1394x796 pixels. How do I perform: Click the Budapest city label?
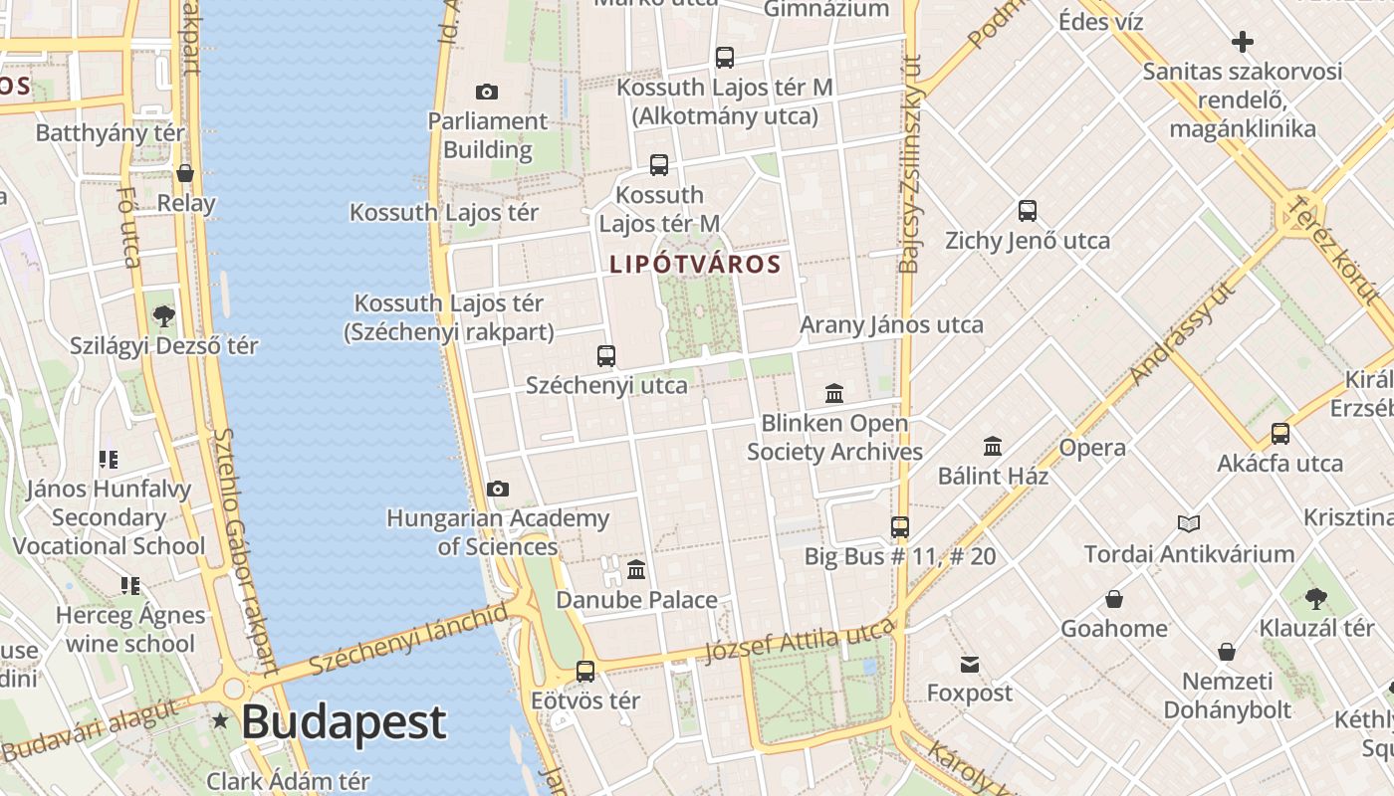point(344,721)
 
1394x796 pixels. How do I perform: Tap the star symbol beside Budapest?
point(220,719)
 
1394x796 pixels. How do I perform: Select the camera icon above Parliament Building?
point(487,93)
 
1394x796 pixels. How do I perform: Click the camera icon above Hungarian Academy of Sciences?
point(498,489)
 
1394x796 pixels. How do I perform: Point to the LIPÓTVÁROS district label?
point(695,265)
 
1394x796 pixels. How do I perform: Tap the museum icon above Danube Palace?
point(636,570)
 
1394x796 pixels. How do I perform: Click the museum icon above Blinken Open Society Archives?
point(834,393)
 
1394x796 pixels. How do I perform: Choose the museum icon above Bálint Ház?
point(993,446)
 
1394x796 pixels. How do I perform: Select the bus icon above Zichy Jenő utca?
point(1028,211)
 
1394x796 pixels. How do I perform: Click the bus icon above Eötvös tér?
point(585,671)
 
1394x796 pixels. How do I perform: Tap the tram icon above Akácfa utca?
point(1280,434)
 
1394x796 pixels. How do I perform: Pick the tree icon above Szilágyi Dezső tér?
point(164,316)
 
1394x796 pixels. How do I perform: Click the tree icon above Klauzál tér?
point(1316,598)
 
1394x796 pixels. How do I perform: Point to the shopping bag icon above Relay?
point(185,173)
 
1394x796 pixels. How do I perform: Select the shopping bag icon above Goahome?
point(1114,599)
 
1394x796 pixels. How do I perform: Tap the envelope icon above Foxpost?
point(970,664)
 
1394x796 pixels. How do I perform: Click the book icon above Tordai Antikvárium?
point(1189,523)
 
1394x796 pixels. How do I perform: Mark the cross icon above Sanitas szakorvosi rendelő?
point(1243,42)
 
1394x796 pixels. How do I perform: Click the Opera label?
point(1092,448)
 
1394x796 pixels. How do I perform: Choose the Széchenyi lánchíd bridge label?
point(408,639)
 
